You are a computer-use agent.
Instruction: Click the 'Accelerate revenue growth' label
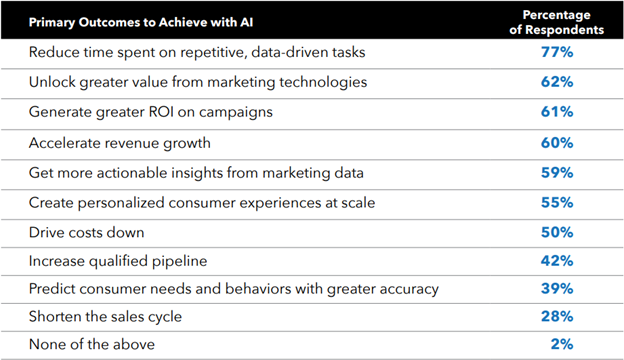tap(109, 141)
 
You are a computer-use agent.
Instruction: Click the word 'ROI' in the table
tap(158, 111)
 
